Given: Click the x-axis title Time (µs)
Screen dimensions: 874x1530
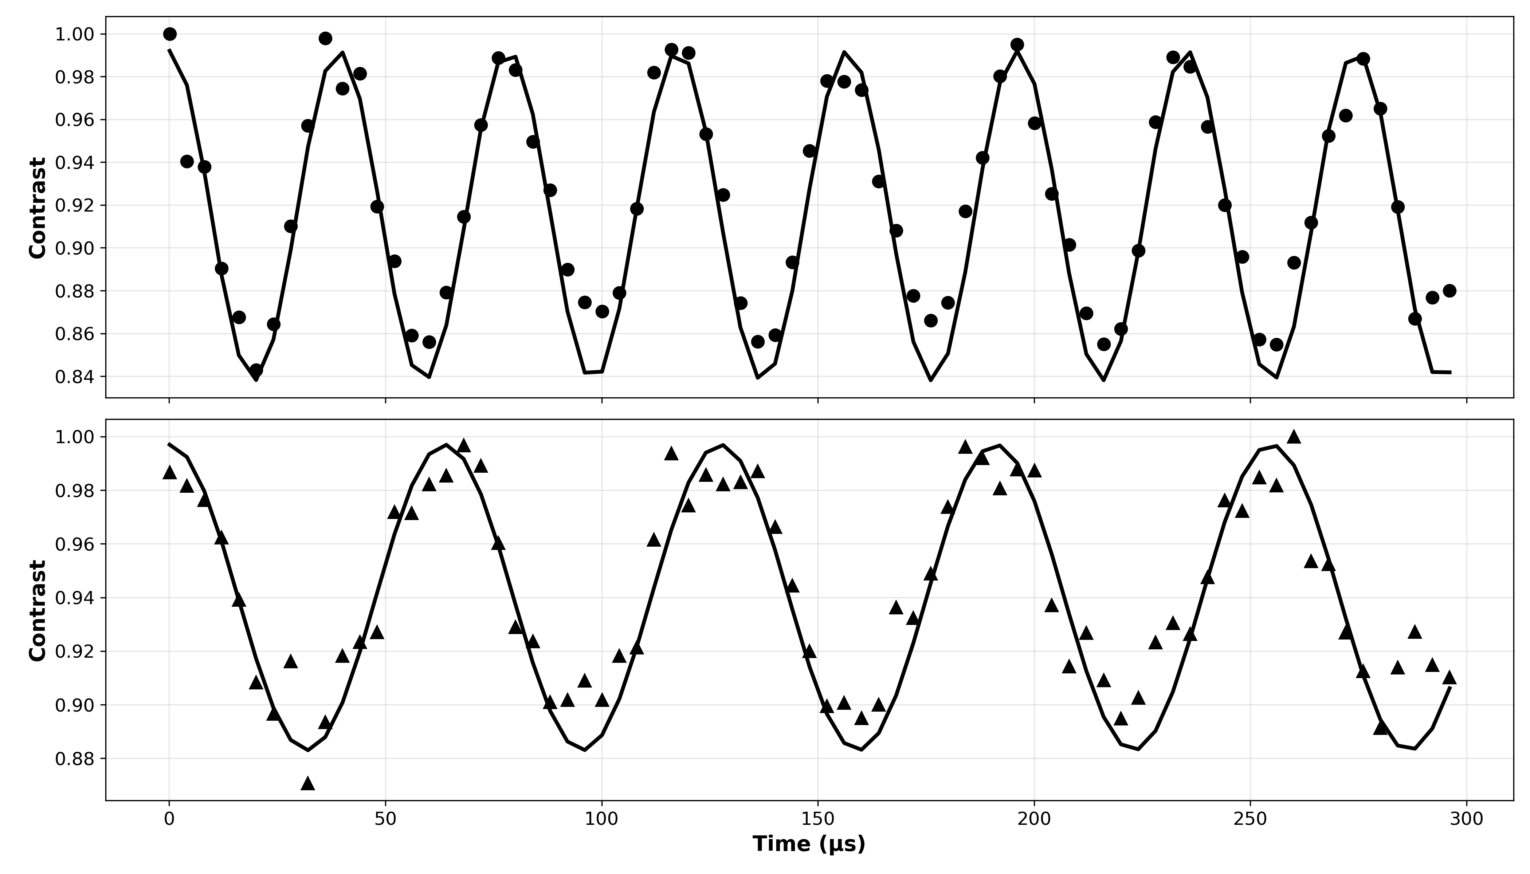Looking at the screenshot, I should [809, 844].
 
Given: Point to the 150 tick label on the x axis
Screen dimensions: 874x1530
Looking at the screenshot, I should [818, 819].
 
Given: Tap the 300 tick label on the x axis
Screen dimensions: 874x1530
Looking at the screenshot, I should [1466, 819].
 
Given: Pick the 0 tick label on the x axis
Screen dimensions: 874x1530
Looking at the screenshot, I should [169, 819].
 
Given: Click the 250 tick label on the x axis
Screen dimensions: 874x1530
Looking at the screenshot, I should [1250, 819].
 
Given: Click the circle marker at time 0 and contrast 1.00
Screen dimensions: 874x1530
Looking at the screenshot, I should [170, 34].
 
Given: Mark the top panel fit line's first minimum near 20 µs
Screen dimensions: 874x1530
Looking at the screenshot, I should [256, 379].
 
